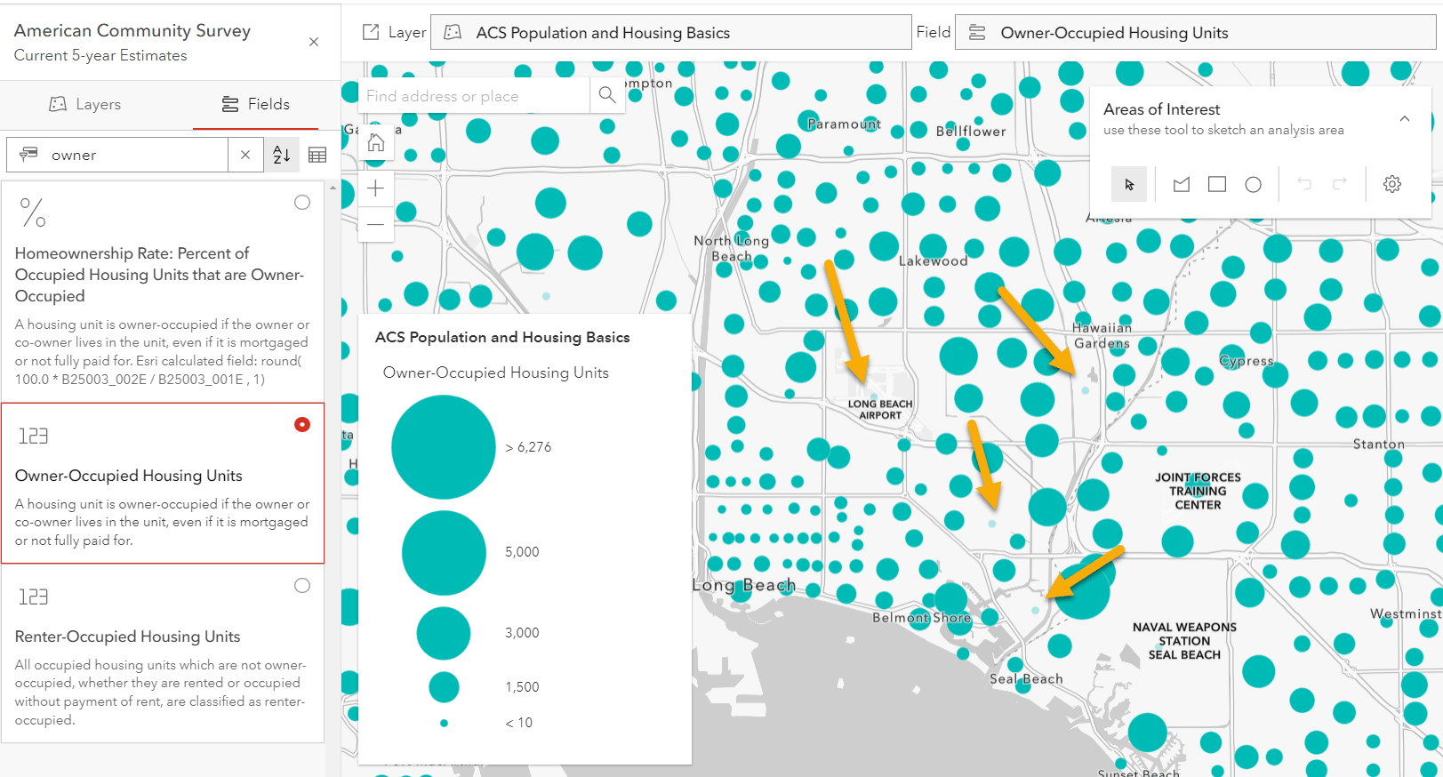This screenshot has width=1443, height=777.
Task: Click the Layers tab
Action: (85, 104)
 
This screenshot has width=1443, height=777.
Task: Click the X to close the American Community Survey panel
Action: (314, 42)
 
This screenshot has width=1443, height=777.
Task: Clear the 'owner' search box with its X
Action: (245, 155)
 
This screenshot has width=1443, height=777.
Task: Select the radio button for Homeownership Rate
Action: (302, 203)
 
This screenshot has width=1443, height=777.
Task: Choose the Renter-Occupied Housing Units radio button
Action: (302, 586)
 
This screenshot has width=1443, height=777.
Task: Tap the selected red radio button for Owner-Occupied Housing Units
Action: (302, 425)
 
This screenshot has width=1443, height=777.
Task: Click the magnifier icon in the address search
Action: (607, 95)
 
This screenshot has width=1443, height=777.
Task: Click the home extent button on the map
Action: (376, 142)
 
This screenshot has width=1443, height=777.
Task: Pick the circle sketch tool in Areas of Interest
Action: (1253, 184)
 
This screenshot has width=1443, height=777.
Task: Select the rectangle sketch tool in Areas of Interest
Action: (1217, 184)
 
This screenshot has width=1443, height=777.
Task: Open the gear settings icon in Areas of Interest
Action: (1392, 184)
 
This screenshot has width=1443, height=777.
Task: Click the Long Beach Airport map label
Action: (880, 410)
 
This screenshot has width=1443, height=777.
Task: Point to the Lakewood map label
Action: (933, 261)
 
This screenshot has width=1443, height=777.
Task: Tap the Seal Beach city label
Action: (1026, 679)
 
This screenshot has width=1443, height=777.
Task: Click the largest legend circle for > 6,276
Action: (443, 447)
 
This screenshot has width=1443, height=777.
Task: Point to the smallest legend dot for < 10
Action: (444, 723)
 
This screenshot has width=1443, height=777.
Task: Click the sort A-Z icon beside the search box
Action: (282, 155)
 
